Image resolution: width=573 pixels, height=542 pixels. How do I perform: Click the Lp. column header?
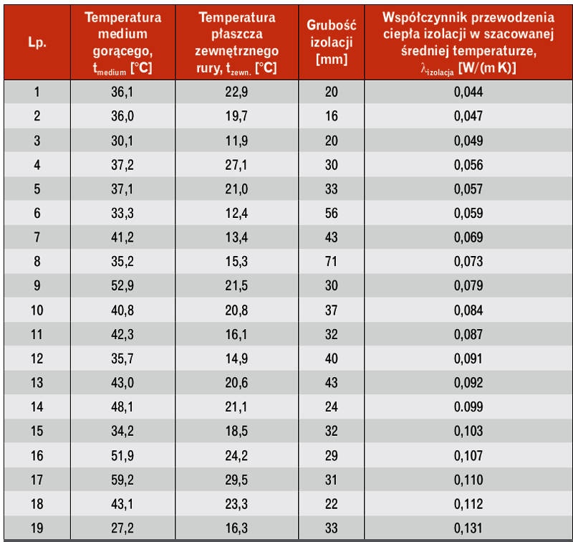click(37, 42)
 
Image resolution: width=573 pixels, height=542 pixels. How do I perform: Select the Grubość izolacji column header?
click(331, 42)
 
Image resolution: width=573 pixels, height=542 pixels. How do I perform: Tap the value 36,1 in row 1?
click(122, 92)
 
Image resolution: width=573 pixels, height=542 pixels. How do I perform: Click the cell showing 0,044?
click(468, 92)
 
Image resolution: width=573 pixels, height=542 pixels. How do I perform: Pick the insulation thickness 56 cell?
click(331, 213)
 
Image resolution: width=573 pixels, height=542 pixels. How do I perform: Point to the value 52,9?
click(122, 285)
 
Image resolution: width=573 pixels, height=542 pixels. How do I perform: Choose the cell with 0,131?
click(468, 528)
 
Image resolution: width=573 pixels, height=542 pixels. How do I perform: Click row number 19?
click(37, 528)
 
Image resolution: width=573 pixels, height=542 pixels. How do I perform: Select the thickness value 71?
click(331, 262)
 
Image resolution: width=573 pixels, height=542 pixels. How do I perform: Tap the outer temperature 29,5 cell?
click(236, 480)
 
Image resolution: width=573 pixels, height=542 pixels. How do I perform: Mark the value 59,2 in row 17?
click(122, 480)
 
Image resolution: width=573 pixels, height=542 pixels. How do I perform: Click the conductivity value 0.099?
click(468, 406)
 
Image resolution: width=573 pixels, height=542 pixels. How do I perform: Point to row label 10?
click(37, 310)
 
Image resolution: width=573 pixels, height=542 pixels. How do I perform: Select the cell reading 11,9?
click(236, 141)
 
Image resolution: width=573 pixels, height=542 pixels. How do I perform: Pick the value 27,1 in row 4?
click(236, 165)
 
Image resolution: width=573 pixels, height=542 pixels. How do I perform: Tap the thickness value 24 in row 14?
click(331, 406)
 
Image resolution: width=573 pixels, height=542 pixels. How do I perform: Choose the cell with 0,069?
click(468, 237)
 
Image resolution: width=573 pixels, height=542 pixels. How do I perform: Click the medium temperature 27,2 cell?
click(122, 528)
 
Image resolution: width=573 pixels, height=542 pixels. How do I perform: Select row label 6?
click(37, 213)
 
